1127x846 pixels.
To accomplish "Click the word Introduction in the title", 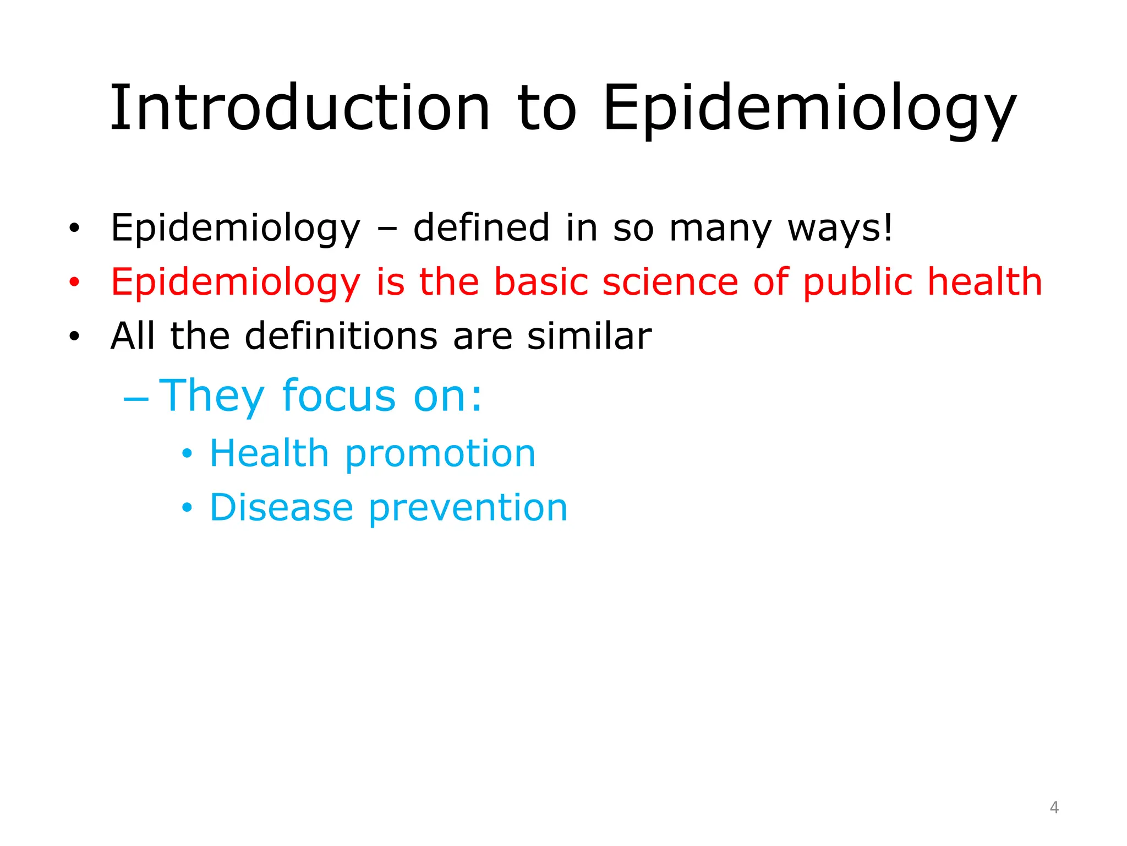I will tap(299, 108).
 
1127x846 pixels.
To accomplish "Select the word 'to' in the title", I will tap(546, 108).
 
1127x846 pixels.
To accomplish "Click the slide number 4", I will tap(1054, 807).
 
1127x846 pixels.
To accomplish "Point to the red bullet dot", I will tap(74, 283).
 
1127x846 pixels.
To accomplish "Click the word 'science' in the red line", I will tap(670, 282).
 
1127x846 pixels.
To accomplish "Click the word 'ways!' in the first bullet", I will tap(840, 228).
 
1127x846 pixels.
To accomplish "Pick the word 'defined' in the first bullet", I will tap(481, 228).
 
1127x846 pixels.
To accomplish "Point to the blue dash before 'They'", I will tap(136, 398).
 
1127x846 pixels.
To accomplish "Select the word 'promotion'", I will tap(440, 454).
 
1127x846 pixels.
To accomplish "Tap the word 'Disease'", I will tap(281, 507).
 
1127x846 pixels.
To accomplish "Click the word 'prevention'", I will tap(468, 507).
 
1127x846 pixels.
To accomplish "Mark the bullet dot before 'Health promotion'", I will tap(187, 454).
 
